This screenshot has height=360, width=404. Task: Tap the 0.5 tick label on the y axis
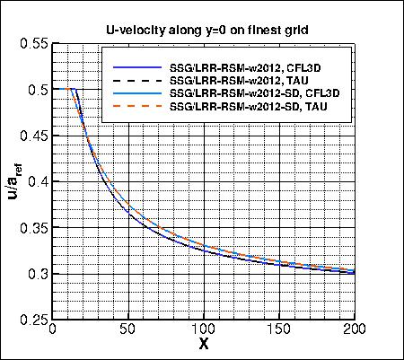click(x=38, y=90)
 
